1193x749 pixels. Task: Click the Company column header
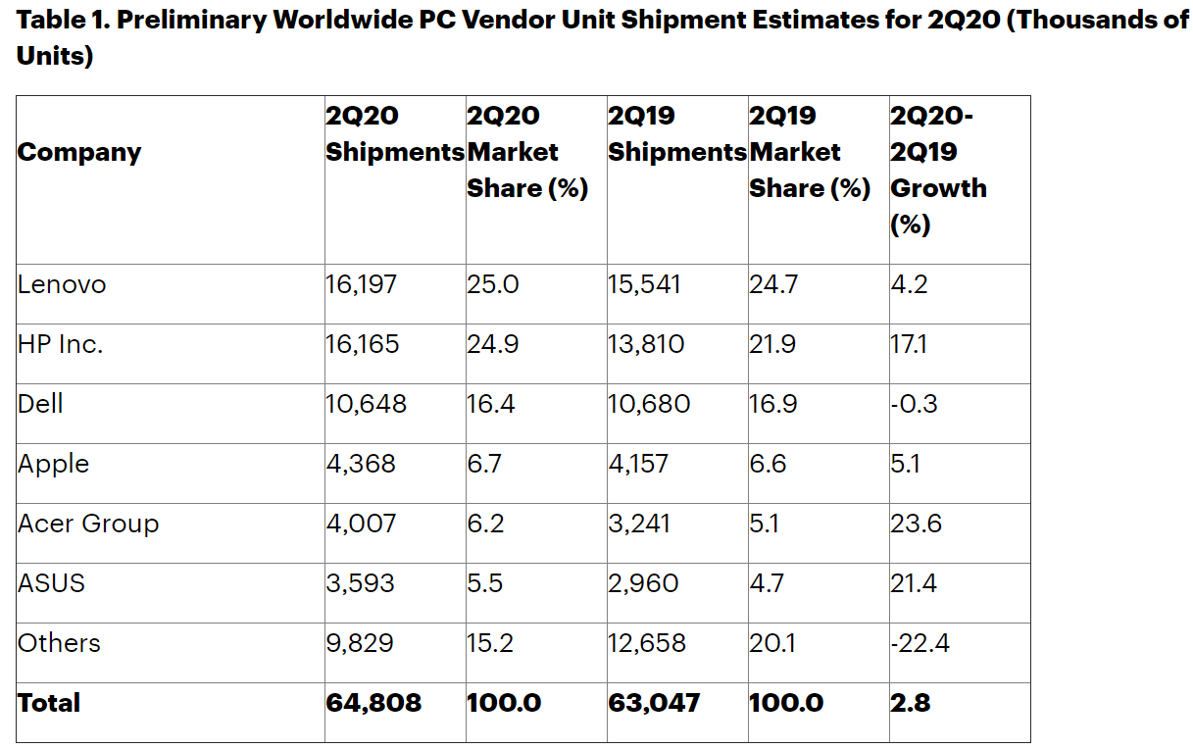(79, 153)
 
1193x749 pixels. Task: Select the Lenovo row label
(62, 285)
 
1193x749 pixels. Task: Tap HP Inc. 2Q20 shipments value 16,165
(363, 345)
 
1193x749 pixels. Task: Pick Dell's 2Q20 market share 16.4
(490, 405)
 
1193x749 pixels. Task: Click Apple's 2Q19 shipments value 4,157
(638, 464)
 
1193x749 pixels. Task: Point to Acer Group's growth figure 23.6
(916, 524)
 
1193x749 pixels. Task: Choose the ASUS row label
(52, 583)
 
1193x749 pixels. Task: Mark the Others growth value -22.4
(920, 643)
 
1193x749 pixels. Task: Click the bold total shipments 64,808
(373, 703)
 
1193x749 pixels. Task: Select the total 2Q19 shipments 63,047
(654, 703)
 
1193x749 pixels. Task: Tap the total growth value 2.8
(910, 703)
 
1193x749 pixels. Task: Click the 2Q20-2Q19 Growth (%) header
(938, 171)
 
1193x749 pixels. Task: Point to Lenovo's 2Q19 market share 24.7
(773, 285)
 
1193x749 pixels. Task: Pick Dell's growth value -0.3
(914, 405)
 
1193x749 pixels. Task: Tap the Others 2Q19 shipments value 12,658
(647, 643)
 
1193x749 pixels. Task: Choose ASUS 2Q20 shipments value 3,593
(361, 583)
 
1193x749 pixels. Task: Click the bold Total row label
(49, 703)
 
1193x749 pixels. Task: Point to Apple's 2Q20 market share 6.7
(484, 464)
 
